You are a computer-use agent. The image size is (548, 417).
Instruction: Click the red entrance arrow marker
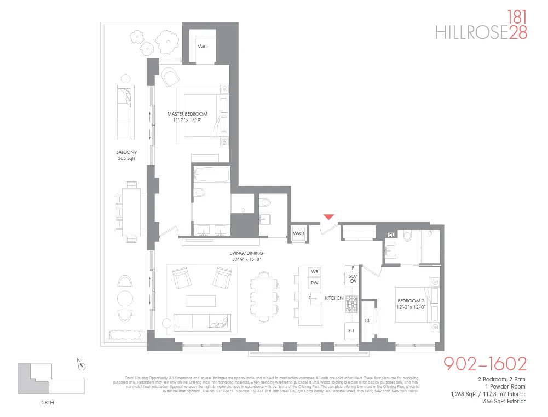[328, 218]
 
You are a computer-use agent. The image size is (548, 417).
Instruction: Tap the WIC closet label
[203, 47]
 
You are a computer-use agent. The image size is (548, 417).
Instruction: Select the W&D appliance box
[298, 233]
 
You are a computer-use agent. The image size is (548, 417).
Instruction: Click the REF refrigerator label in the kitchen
[352, 331]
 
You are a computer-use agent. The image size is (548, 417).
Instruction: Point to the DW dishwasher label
[315, 283]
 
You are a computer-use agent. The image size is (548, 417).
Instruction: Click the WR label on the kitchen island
[315, 272]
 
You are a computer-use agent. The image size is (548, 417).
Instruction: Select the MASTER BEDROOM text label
[187, 114]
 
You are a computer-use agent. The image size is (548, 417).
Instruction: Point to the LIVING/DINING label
[246, 253]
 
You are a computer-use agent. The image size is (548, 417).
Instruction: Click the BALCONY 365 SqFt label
[126, 155]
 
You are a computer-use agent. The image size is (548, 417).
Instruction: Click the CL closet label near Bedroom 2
[367, 321]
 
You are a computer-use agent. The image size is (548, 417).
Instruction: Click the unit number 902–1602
[484, 364]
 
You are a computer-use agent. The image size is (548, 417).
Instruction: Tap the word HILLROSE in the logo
[471, 33]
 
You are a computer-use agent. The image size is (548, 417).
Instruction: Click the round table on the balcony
[125, 299]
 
